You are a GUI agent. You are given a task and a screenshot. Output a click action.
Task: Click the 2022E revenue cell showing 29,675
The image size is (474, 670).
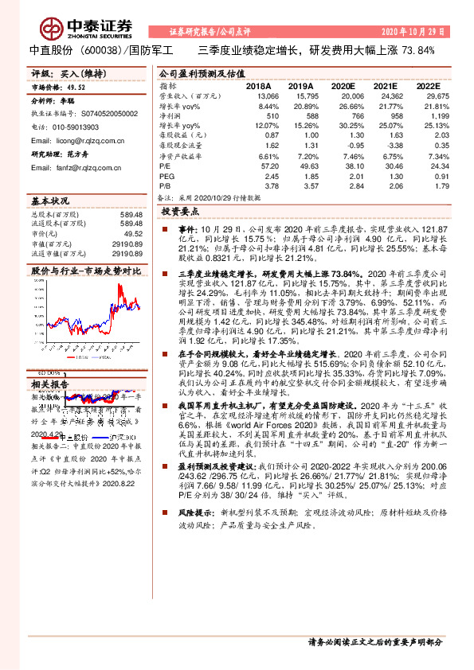coord(427,95)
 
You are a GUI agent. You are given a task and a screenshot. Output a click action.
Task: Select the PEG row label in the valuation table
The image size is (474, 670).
coord(166,175)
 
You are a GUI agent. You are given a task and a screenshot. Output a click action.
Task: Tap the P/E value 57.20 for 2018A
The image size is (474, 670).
coord(268,166)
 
